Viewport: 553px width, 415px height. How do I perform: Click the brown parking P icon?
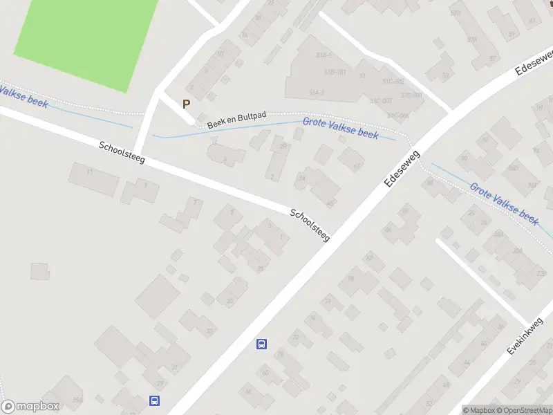(185, 104)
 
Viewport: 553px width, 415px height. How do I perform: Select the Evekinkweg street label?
(525, 338)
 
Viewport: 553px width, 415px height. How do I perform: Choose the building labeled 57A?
(472, 39)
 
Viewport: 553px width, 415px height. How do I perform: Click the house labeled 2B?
(282, 146)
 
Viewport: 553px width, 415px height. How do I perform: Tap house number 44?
(466, 362)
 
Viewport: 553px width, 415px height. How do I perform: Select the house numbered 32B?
(541, 273)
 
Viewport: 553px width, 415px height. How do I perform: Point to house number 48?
(445, 385)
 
